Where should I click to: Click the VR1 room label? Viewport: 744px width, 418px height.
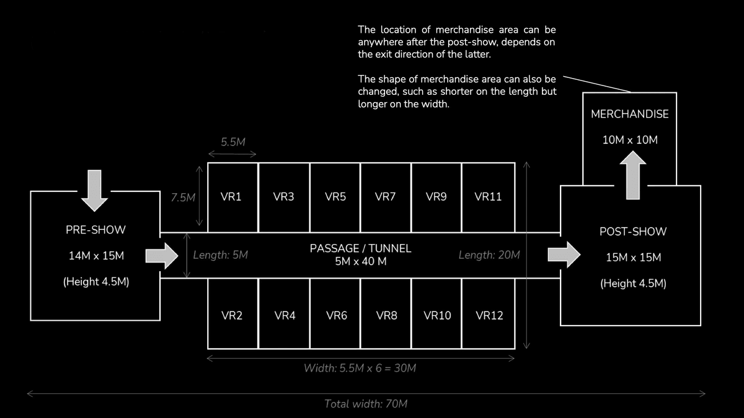[231, 198]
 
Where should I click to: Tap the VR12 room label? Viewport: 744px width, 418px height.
[489, 316]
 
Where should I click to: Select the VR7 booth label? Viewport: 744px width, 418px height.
[386, 198]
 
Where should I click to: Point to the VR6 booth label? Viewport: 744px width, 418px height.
[336, 316]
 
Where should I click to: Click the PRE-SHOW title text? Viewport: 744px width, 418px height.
[95, 230]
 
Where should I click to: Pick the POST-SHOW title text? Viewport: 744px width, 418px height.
[633, 232]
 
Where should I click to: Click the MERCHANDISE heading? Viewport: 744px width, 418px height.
[630, 115]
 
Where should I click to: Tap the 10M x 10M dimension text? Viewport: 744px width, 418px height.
[630, 140]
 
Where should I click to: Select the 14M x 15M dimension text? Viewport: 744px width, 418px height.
[95, 256]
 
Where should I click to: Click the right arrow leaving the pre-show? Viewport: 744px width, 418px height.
[162, 256]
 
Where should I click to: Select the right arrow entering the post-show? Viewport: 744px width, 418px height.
[564, 256]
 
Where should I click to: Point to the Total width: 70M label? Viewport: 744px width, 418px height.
[366, 404]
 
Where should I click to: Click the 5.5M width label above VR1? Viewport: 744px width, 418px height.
[233, 142]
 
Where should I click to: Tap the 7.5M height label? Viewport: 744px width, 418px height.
[183, 198]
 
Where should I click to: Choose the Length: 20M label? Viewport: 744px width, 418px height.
[489, 255]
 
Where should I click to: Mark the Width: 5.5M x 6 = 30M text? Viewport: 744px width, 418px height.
[360, 368]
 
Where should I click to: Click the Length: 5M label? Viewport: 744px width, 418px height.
[221, 255]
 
